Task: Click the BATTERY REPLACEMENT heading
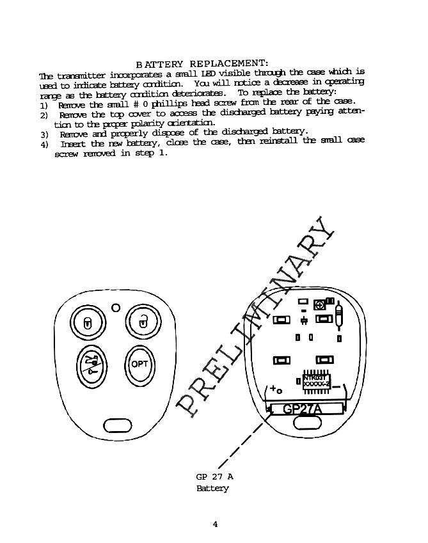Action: pyautogui.click(x=202, y=64)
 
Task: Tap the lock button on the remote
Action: pyautogui.click(x=86, y=322)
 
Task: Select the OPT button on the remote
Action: pyautogui.click(x=139, y=365)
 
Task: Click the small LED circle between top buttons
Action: pyautogui.click(x=116, y=308)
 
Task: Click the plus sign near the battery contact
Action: pyautogui.click(x=273, y=388)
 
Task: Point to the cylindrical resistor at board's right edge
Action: pyautogui.click(x=338, y=315)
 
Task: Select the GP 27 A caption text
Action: pyautogui.click(x=214, y=476)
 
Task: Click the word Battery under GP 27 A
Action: pyautogui.click(x=212, y=489)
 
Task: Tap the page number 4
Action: pyautogui.click(x=215, y=524)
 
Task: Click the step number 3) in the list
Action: pyautogui.click(x=44, y=135)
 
